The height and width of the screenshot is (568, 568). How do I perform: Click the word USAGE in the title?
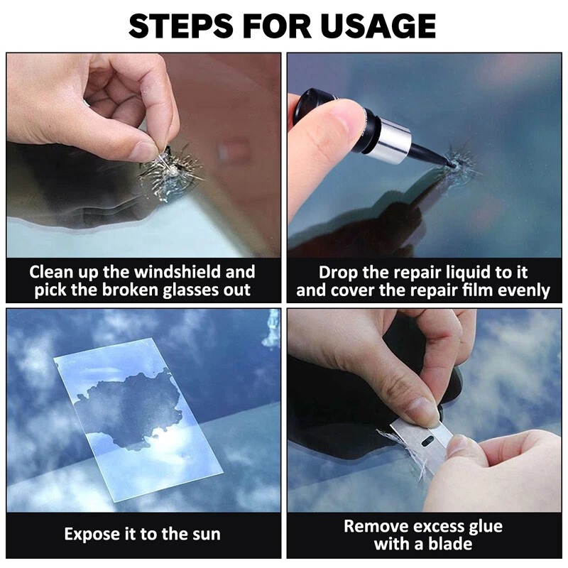(x=378, y=26)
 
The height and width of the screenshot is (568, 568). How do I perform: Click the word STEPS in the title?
(x=181, y=26)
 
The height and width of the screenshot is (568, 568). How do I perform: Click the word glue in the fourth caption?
(x=486, y=527)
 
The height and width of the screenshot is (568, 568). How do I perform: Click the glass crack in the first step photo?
(x=170, y=172)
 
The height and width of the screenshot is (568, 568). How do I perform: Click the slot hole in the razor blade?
(x=429, y=442)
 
